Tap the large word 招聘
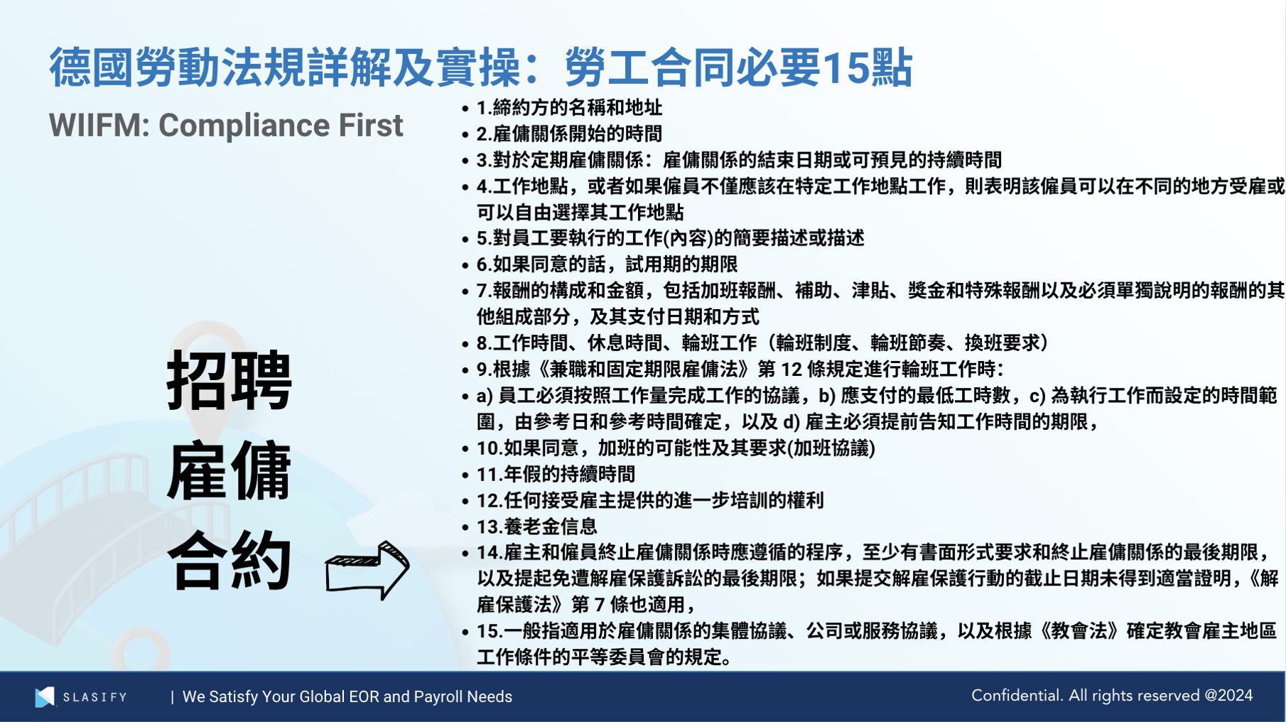point(229,381)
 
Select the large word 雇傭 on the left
point(229,470)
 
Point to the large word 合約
point(229,561)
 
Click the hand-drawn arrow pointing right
point(367,569)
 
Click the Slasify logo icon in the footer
point(45,696)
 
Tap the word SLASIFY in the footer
point(94,697)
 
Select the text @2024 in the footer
point(1228,696)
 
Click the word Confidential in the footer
point(1016,696)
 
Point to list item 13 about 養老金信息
point(536,527)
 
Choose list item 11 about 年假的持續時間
point(556,474)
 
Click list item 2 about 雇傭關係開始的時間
point(569,134)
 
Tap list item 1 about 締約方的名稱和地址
point(569,108)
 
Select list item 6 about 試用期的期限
point(607,264)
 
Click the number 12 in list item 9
point(791,370)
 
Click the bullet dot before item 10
point(465,449)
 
